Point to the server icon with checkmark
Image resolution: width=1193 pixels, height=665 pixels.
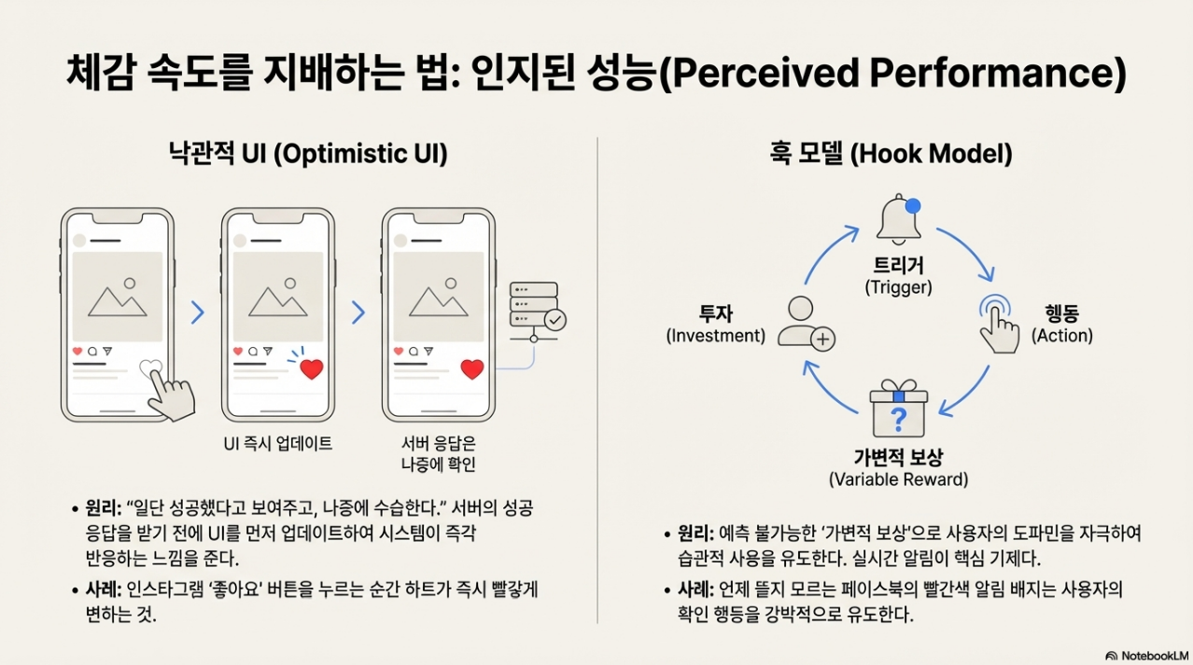click(537, 306)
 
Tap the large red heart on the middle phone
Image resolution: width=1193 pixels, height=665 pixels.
click(311, 368)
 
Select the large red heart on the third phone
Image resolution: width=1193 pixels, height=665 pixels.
click(472, 368)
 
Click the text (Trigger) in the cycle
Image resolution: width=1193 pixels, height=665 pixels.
click(898, 287)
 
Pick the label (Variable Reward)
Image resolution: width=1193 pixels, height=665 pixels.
click(898, 479)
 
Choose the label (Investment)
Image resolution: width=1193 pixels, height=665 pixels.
click(716, 336)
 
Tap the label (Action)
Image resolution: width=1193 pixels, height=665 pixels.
click(1061, 336)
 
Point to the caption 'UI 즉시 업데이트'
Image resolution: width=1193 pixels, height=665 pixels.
click(278, 444)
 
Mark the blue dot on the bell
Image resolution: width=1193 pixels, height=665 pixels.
click(913, 205)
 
